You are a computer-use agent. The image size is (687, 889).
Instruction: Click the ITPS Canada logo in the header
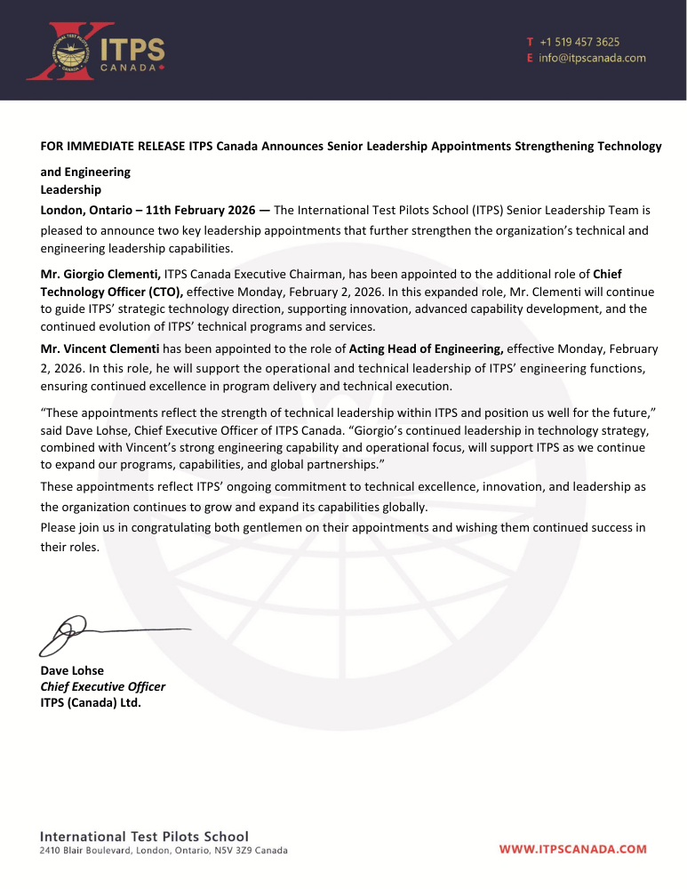tap(96, 52)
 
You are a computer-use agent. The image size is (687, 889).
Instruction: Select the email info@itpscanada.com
tap(592, 59)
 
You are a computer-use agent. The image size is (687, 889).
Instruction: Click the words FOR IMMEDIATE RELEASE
tap(113, 146)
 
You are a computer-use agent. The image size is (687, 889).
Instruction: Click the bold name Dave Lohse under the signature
tap(72, 670)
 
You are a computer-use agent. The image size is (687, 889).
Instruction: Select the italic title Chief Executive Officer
tap(103, 686)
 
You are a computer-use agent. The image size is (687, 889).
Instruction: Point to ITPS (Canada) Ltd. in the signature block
tap(91, 702)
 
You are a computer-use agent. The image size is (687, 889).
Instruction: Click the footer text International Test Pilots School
tap(144, 837)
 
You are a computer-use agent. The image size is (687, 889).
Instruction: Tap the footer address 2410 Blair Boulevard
tap(87, 851)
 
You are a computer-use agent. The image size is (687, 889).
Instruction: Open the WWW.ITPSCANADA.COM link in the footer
tap(572, 849)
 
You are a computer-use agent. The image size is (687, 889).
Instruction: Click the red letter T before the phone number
tap(530, 42)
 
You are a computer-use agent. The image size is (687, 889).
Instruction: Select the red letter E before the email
tap(530, 59)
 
